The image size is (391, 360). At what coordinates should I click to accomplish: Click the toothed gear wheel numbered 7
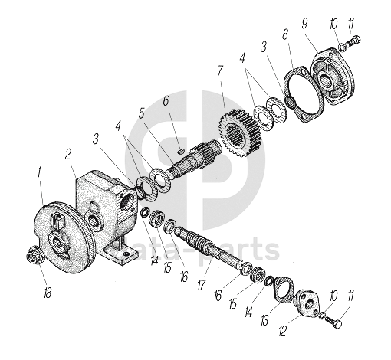pos(240,133)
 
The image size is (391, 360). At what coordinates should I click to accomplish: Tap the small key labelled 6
pos(180,151)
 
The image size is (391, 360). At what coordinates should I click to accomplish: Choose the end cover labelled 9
pos(333,76)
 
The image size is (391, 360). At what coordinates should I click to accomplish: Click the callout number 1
pos(38,172)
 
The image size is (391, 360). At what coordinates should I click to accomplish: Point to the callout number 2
pos(67,154)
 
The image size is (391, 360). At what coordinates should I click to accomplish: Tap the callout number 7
pos(220,71)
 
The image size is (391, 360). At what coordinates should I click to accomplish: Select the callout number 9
pos(304,24)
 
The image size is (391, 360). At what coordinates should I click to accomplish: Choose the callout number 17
pos(201,284)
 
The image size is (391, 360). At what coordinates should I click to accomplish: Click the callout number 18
pos(48,292)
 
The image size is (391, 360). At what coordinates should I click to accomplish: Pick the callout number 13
pos(264,320)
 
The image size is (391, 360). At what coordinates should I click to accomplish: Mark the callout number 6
pos(166,100)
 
